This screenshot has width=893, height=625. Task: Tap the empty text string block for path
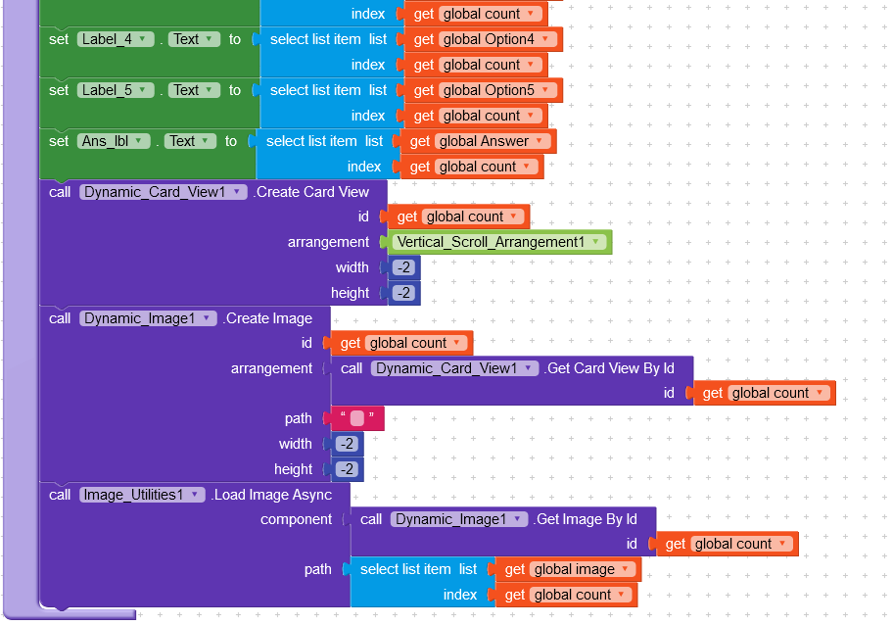(x=357, y=418)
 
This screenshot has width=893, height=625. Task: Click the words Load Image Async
(x=273, y=495)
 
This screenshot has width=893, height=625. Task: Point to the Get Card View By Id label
(x=610, y=368)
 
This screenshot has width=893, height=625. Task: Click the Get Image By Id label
(x=586, y=519)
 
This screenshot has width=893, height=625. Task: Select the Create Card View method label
(x=311, y=192)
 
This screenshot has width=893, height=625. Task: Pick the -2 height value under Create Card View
(x=403, y=293)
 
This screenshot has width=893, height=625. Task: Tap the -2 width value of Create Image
(x=347, y=444)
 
